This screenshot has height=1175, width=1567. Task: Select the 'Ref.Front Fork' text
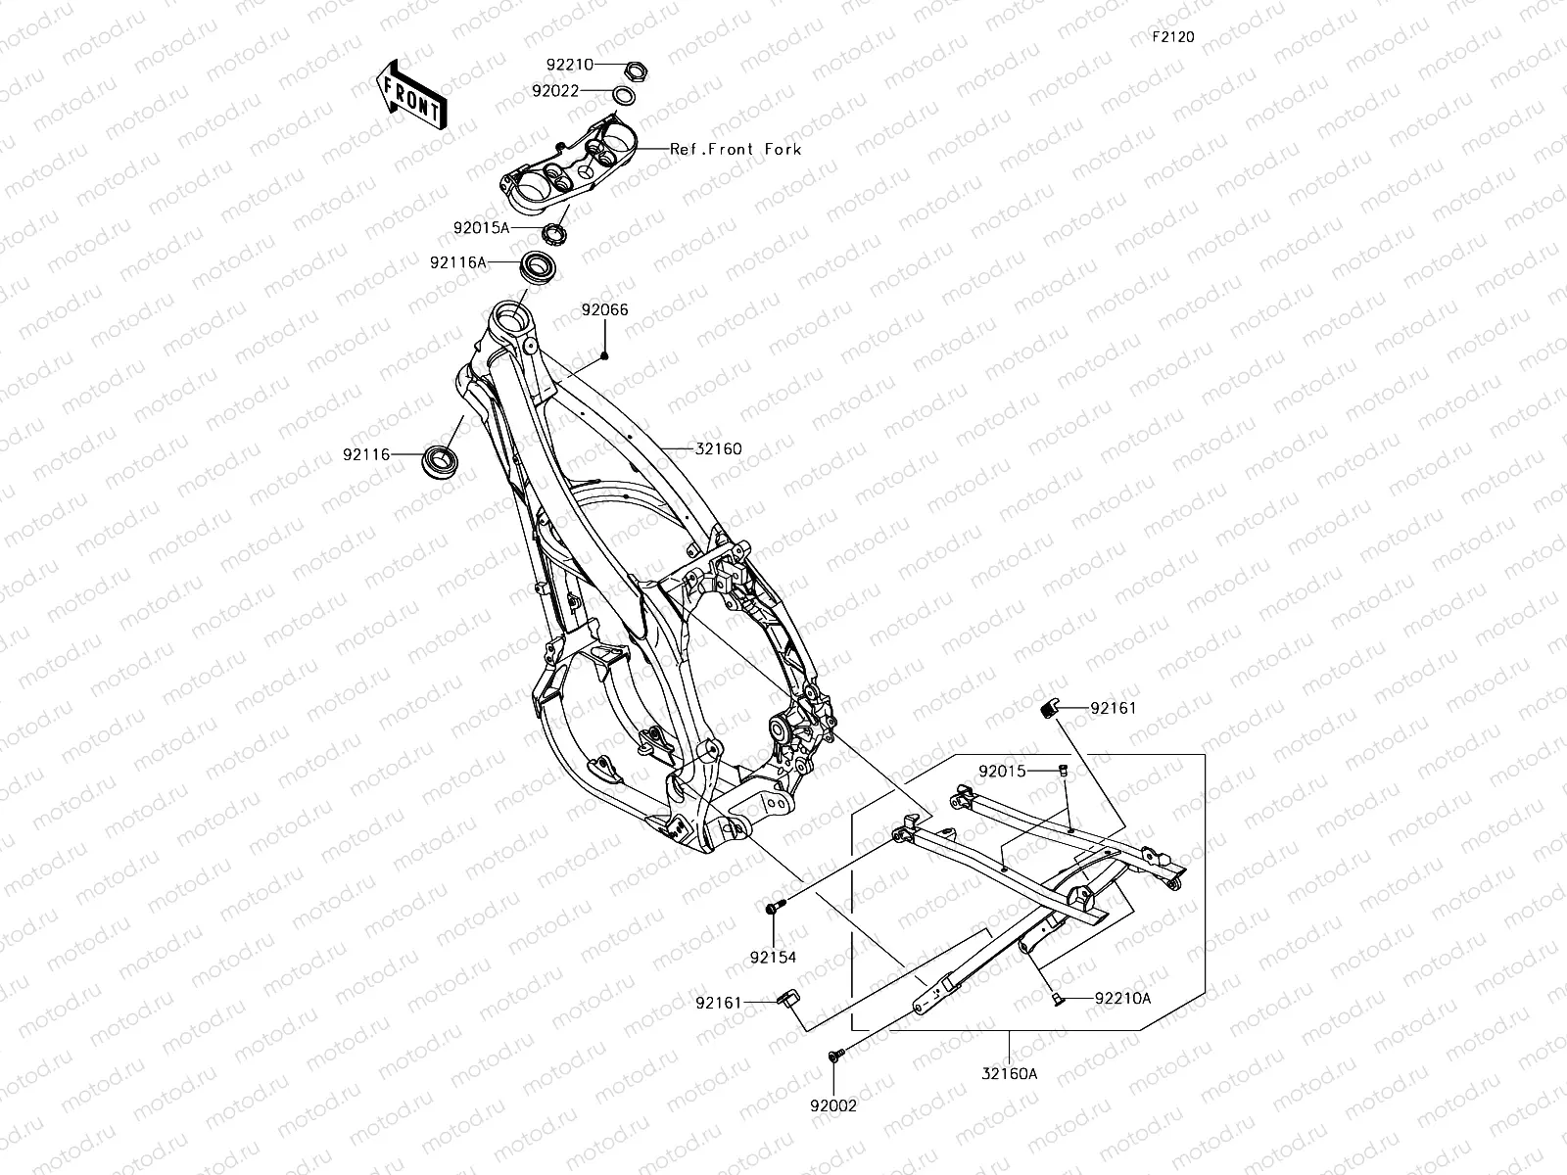(x=736, y=149)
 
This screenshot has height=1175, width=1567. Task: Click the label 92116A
(x=457, y=262)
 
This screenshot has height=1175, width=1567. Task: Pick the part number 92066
(x=604, y=310)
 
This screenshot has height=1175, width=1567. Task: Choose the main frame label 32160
(x=719, y=449)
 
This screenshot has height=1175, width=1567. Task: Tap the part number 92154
(x=774, y=957)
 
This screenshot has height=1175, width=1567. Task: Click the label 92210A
(x=1122, y=999)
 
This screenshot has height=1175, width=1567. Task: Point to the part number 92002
(x=833, y=1106)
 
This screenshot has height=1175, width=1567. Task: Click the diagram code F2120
(x=1172, y=37)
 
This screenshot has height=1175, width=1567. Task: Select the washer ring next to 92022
(x=622, y=94)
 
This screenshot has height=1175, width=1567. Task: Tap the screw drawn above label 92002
(x=834, y=1056)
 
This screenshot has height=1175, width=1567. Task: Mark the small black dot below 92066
(x=604, y=354)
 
